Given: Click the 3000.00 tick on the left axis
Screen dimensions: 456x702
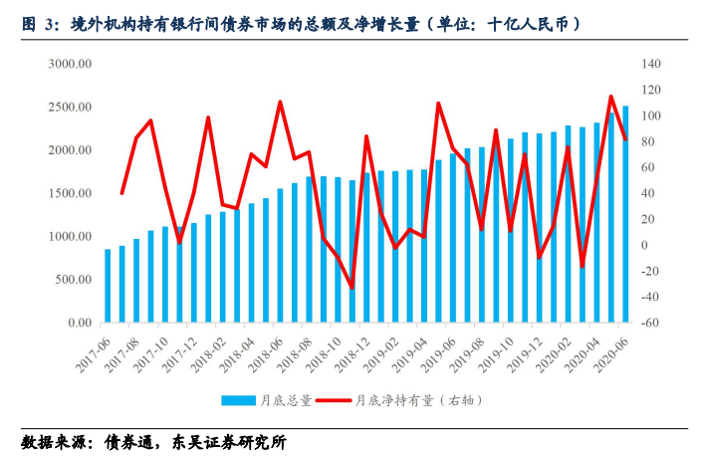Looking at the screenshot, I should [71, 64].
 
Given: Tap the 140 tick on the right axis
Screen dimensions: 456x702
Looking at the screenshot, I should [652, 64].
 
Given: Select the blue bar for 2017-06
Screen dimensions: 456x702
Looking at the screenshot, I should [108, 286].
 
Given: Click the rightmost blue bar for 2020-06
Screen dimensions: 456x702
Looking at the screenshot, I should [625, 214].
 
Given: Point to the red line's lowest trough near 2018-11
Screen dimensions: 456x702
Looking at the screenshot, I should [351, 288].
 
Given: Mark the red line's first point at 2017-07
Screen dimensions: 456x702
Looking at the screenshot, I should [122, 192].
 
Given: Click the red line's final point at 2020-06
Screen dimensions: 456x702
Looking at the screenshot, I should [625, 139].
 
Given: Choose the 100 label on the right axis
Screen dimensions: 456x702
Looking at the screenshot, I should [652, 115].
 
